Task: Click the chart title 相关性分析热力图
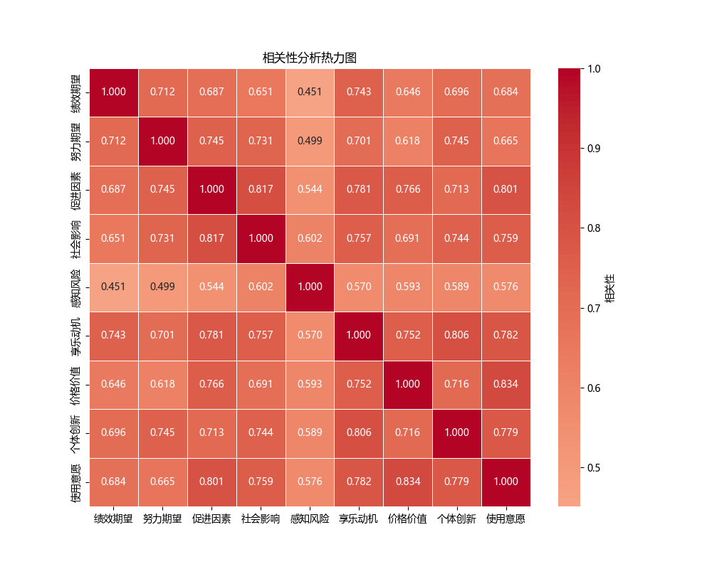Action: pos(309,58)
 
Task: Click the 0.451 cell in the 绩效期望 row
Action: pos(310,92)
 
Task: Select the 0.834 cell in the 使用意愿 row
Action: pos(407,482)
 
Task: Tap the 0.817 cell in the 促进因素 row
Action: pos(261,189)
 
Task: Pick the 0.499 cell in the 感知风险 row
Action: pos(163,287)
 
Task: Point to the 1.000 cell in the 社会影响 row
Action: pos(261,238)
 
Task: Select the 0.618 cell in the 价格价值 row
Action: pos(163,384)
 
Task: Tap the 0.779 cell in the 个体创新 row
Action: pos(506,432)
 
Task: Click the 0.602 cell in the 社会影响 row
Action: pos(310,238)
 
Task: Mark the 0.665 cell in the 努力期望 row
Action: pos(506,141)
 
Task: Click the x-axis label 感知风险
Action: pos(310,519)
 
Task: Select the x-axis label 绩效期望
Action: pos(114,519)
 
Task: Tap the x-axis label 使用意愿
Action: pos(506,519)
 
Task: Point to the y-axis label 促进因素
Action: pos(75,189)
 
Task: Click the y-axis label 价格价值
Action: pos(75,384)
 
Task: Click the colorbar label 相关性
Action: pos(610,287)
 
